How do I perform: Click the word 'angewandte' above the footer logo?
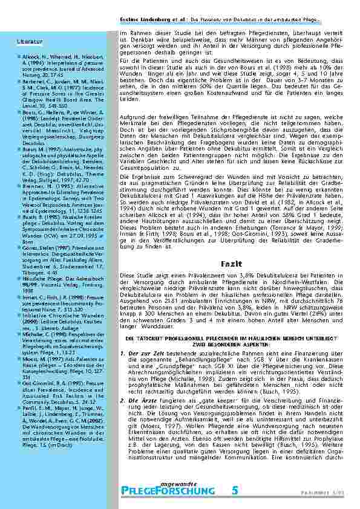click(x=181, y=481)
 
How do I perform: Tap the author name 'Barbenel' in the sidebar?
click(x=33, y=80)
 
